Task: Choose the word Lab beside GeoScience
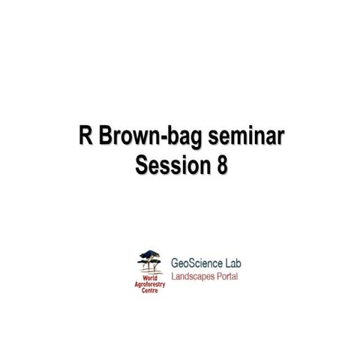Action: [x=232, y=264]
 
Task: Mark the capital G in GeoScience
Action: [x=176, y=264]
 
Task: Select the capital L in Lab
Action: [x=224, y=264]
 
